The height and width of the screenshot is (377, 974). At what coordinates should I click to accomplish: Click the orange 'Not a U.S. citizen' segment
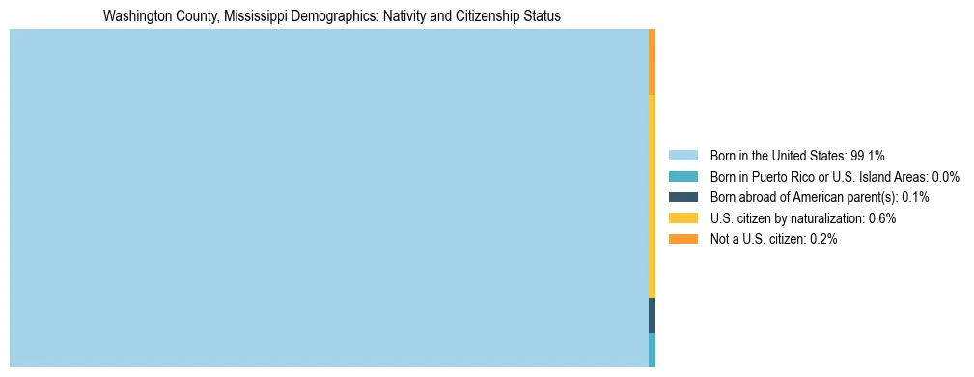(x=653, y=62)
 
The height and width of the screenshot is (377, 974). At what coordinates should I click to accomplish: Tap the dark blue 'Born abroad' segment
(x=653, y=315)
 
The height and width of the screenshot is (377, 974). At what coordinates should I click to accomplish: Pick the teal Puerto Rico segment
(x=653, y=350)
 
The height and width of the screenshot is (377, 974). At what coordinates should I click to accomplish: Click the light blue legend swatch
(x=682, y=156)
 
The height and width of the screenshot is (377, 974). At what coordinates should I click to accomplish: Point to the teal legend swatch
(x=682, y=177)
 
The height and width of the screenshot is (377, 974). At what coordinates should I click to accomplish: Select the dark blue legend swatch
(x=682, y=197)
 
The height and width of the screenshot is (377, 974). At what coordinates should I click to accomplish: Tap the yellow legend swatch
(x=682, y=218)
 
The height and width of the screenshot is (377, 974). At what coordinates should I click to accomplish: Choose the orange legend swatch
(x=682, y=240)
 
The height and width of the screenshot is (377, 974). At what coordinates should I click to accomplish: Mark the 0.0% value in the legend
(x=944, y=177)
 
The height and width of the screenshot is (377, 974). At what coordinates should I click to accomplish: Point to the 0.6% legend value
(x=881, y=218)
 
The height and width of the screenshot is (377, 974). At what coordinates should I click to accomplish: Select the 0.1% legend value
(x=915, y=197)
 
